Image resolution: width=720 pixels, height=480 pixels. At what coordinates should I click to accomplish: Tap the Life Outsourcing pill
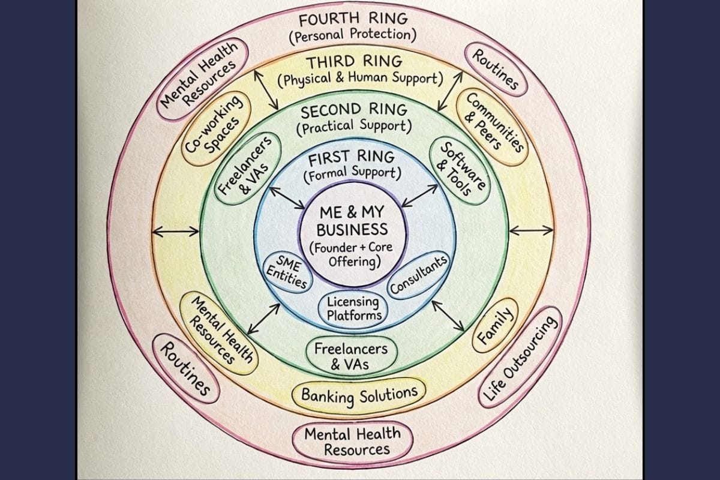click(x=521, y=358)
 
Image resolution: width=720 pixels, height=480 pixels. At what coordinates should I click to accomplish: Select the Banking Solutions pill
click(x=359, y=394)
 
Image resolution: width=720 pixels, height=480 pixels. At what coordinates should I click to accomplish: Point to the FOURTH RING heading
click(x=352, y=19)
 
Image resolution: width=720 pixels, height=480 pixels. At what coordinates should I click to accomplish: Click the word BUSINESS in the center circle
click(x=352, y=229)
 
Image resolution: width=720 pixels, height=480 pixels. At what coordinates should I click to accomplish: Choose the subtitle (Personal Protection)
click(x=352, y=35)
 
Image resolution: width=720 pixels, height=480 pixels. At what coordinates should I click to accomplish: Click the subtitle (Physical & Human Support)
click(x=359, y=79)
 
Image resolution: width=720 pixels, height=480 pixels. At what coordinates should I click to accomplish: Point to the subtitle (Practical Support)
click(x=354, y=127)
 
